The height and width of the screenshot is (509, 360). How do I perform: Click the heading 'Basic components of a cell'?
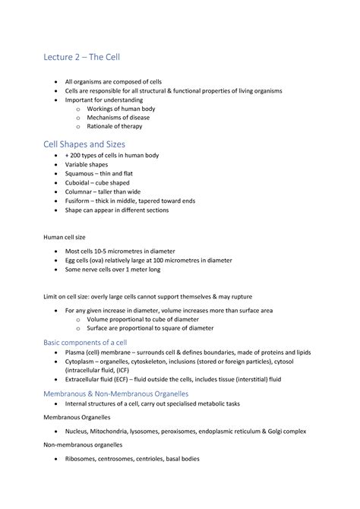coord(89,343)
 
